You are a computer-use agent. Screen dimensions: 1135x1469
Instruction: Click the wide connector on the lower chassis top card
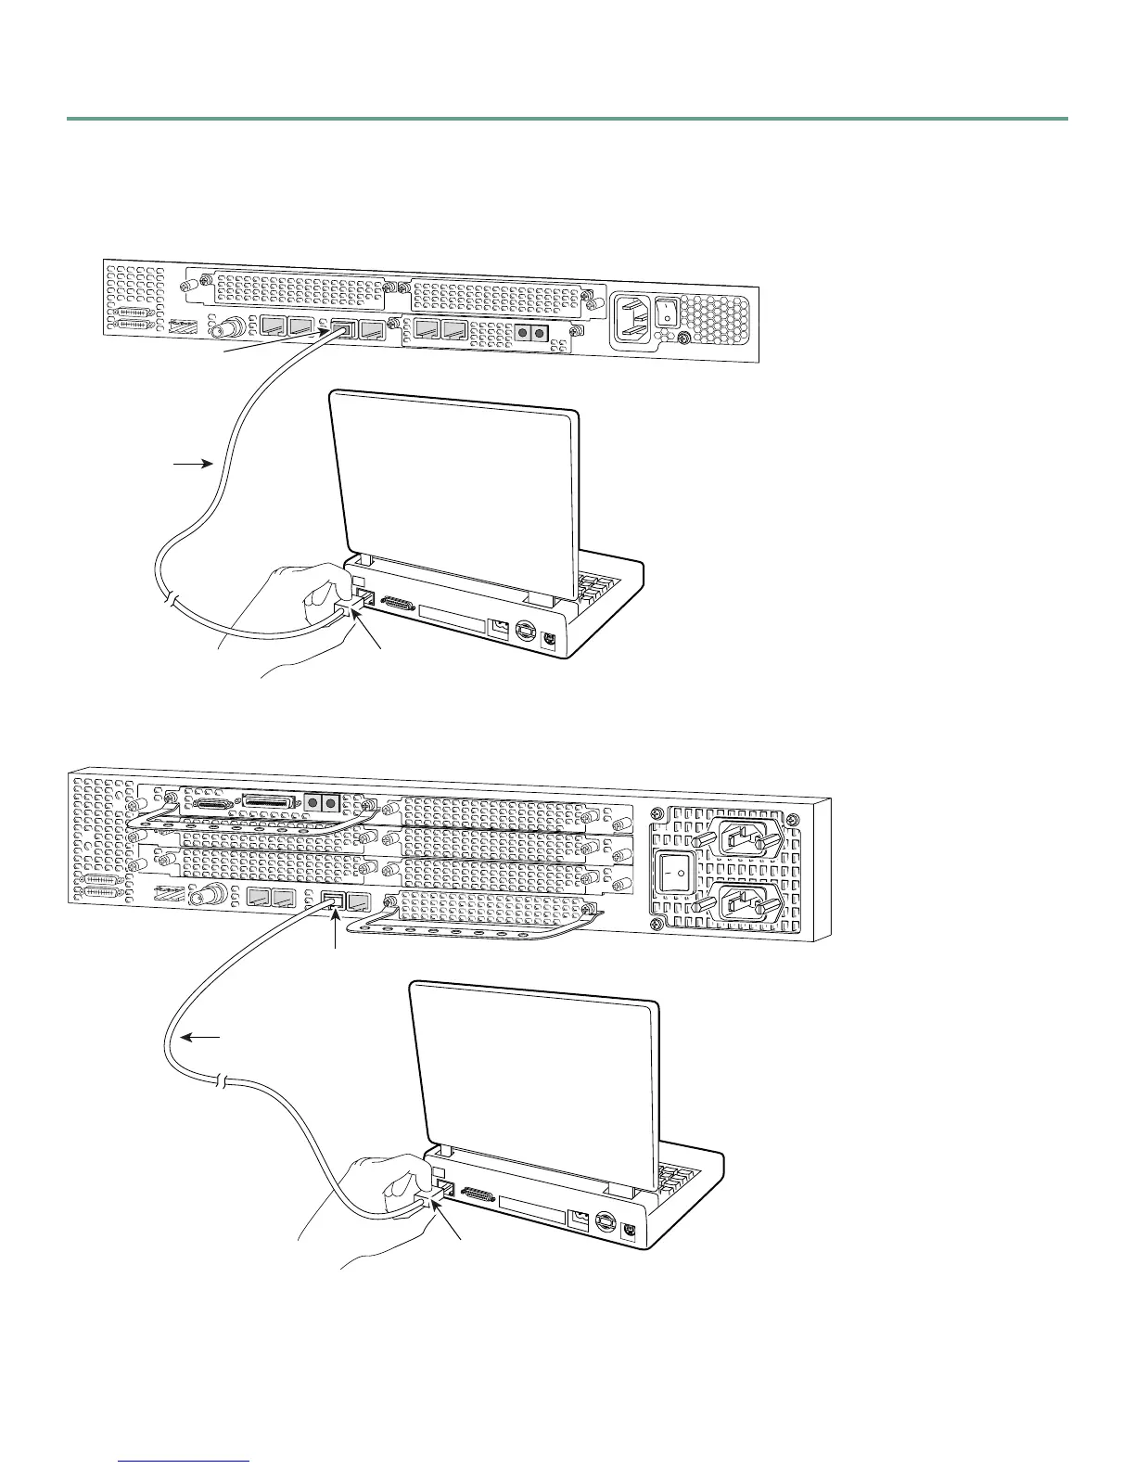tap(269, 800)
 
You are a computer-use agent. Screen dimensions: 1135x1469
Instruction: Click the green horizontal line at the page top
tap(567, 119)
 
